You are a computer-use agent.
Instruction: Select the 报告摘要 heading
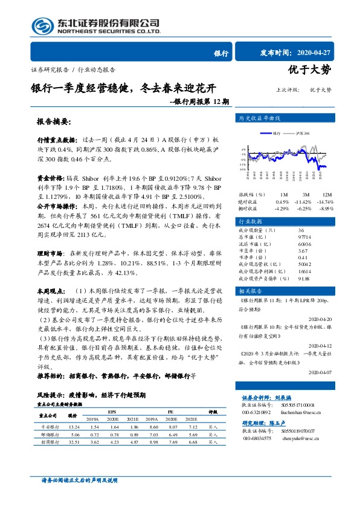pyautogui.click(x=54, y=121)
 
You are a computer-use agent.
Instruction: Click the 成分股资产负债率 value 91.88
pyautogui.click(x=304, y=279)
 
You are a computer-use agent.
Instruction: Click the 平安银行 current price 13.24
pyautogui.click(x=74, y=426)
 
